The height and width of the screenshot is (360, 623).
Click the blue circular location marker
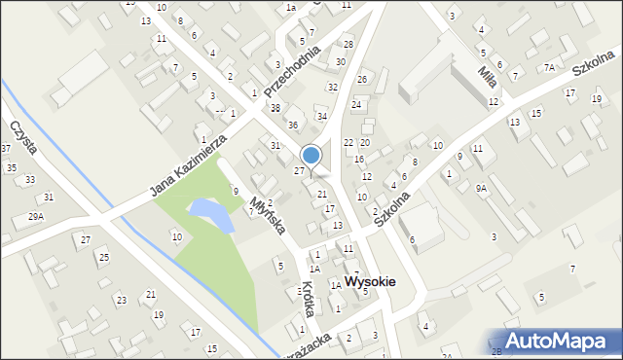pos(311,155)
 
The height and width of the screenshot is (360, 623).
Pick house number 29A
pos(36,216)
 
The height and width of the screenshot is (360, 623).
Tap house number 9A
pos(481,189)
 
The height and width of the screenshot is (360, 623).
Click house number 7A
pos(550,67)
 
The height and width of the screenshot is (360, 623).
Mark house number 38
pos(275,108)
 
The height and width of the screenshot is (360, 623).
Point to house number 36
pos(292,125)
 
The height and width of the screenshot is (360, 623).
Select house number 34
pos(322,117)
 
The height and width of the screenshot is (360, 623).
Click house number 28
pos(348,45)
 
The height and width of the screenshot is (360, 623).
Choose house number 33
pos(30,180)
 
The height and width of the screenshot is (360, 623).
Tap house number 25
pos(103,257)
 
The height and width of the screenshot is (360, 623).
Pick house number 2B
pos(496,350)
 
